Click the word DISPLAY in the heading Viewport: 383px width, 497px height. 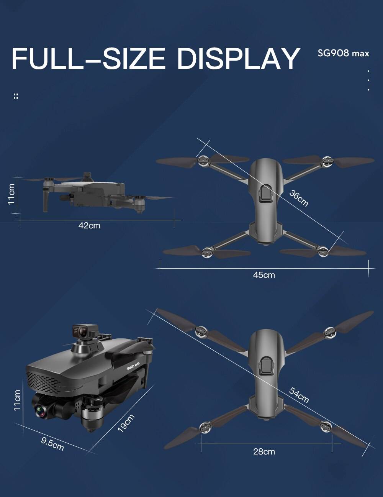coord(238,59)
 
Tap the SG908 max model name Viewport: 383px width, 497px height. coord(343,53)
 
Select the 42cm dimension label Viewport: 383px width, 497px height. coord(89,226)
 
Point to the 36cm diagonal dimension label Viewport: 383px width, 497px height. coord(299,198)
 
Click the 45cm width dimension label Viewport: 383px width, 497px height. coord(264,275)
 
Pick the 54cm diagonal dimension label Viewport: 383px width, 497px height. coord(299,395)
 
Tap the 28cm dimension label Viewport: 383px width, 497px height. coord(264,451)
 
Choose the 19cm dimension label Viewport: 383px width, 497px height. coord(126,423)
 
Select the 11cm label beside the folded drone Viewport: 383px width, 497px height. coord(17,400)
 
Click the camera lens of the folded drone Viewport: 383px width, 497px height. coord(41,412)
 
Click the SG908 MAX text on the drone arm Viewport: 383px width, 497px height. coord(134,366)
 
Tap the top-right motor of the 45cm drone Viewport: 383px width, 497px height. coord(326,161)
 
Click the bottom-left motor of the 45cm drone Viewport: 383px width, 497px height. coord(207,252)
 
